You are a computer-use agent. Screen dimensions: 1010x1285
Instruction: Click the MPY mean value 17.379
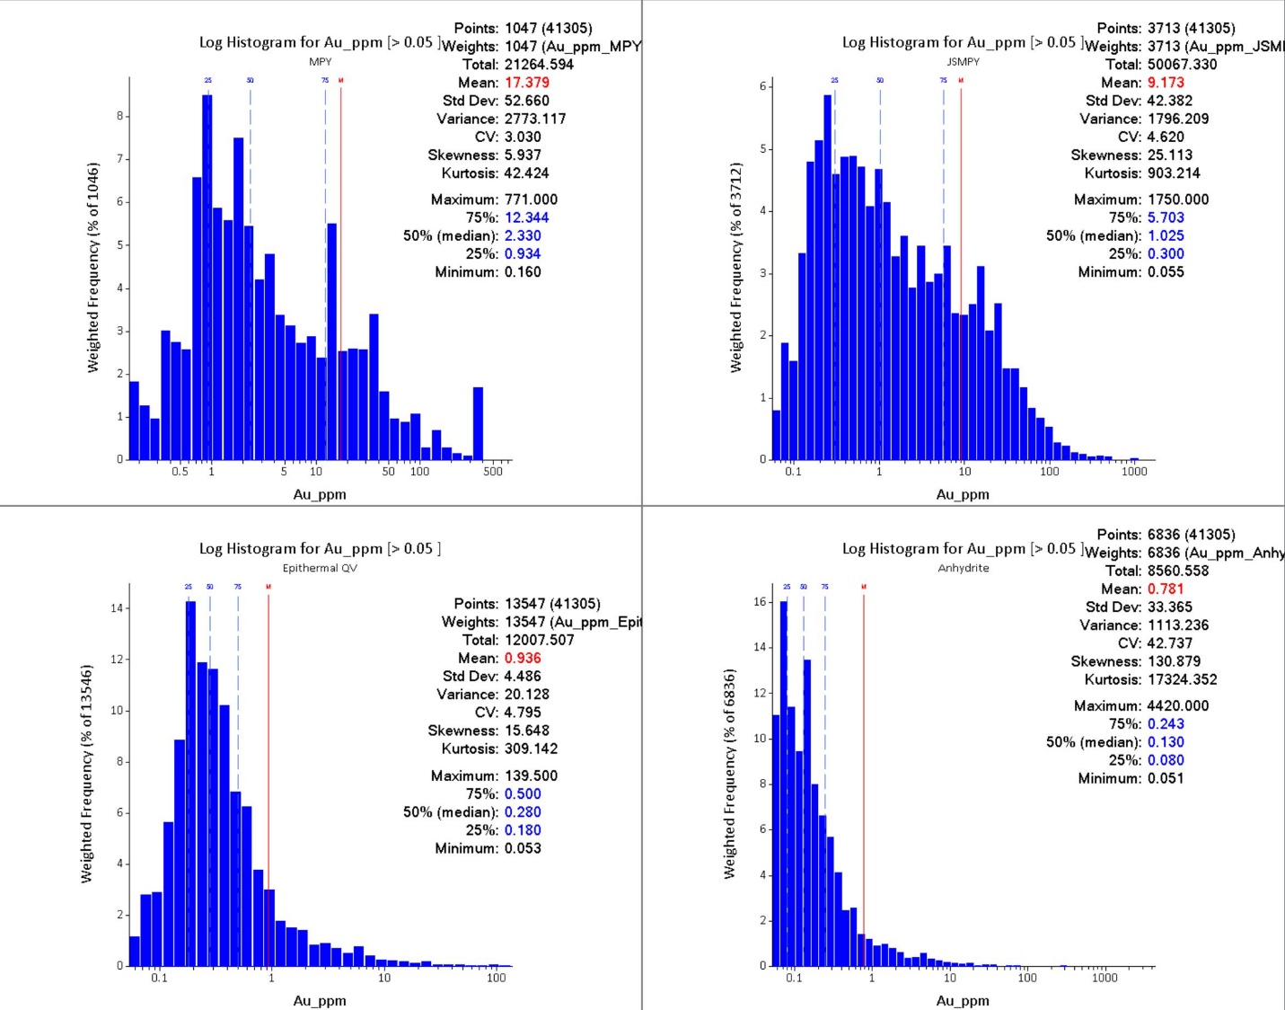click(x=526, y=83)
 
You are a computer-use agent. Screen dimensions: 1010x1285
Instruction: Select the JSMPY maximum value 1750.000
click(x=1177, y=199)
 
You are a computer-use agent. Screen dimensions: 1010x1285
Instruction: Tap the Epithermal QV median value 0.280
click(x=523, y=812)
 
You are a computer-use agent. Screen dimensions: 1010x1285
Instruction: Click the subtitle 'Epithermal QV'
click(x=320, y=568)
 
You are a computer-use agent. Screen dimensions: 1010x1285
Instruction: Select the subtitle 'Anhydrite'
click(x=964, y=568)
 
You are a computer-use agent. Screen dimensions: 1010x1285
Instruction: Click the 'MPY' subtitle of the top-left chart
click(x=321, y=62)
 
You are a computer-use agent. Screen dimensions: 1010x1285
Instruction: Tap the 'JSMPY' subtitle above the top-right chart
click(x=964, y=62)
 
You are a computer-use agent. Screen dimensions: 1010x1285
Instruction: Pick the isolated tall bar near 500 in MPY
click(x=478, y=423)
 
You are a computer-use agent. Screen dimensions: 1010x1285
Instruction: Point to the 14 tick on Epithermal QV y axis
click(x=117, y=608)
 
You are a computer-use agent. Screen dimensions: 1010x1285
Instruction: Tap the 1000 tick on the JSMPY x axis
click(x=1134, y=472)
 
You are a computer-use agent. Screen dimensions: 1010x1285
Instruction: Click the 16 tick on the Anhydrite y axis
click(x=760, y=602)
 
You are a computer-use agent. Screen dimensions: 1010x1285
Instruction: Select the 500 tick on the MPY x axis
click(x=493, y=472)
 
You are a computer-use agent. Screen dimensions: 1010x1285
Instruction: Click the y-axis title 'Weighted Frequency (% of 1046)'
click(x=92, y=268)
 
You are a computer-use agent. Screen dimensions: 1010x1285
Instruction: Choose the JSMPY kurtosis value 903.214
click(x=1173, y=173)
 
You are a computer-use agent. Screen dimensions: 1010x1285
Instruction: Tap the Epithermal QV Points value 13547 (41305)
click(x=552, y=604)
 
